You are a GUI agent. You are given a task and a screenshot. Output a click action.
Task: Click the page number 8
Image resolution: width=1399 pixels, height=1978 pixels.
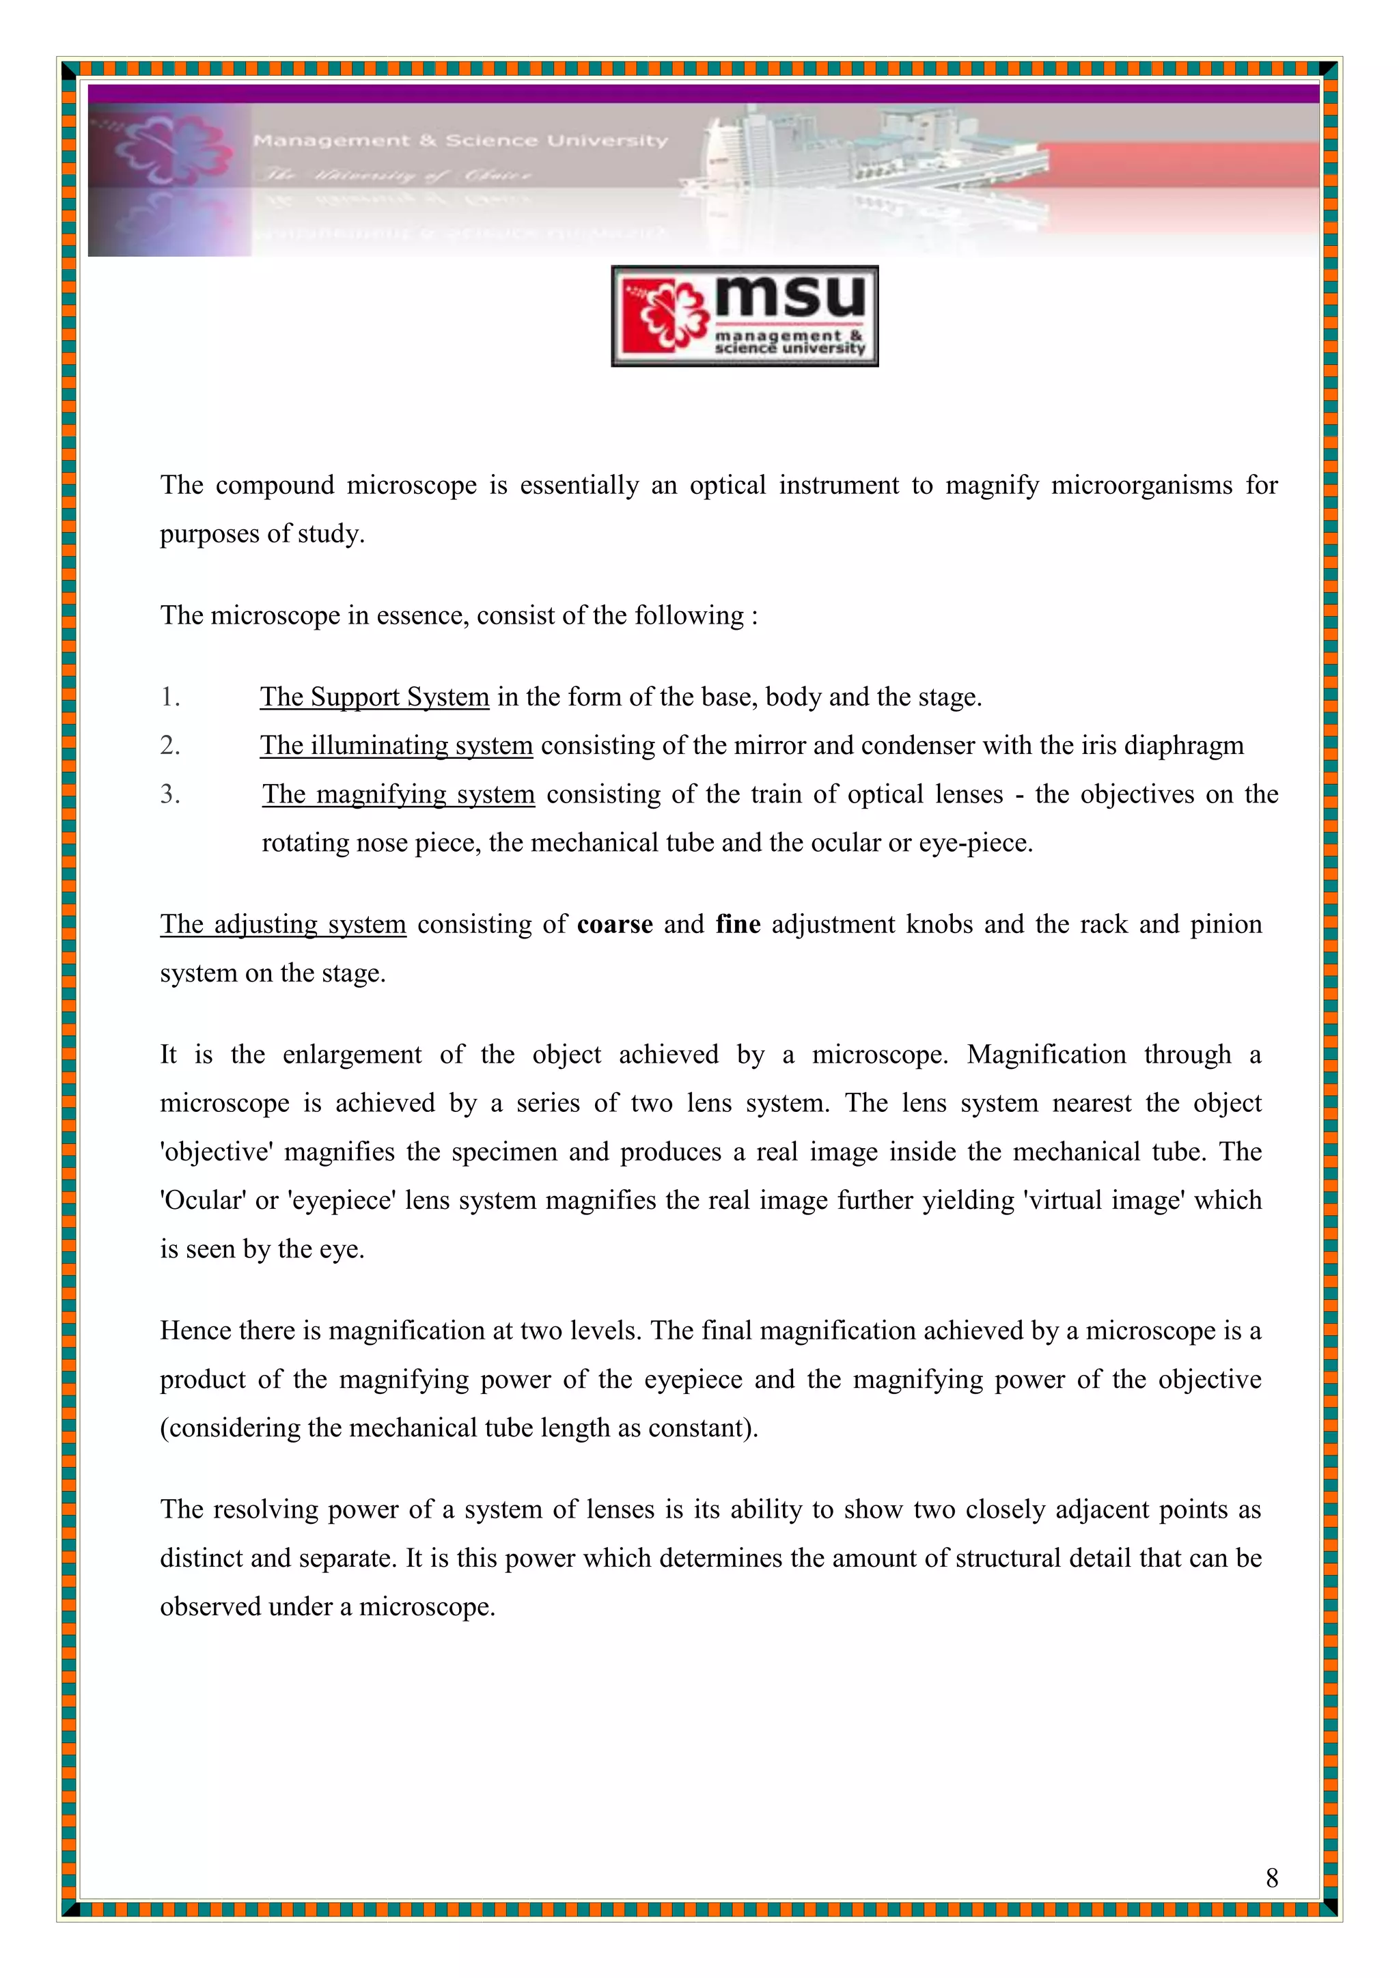(x=1271, y=1878)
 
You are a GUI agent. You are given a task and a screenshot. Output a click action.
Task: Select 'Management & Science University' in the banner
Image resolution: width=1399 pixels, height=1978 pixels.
(x=460, y=141)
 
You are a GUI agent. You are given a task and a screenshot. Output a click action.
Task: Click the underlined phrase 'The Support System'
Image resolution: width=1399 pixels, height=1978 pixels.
(x=375, y=697)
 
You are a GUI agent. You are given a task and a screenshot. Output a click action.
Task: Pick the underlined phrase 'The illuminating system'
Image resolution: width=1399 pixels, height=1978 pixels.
(x=396, y=745)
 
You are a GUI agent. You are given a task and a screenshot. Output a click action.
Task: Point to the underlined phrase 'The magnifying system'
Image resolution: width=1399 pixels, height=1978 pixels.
(x=399, y=794)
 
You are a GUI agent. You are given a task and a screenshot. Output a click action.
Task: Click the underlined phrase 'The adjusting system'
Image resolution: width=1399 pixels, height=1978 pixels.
(x=283, y=924)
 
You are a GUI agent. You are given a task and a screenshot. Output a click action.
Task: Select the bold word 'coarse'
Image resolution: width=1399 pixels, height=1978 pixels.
(x=614, y=924)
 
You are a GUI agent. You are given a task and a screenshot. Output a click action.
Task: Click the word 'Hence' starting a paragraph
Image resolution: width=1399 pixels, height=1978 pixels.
(x=195, y=1331)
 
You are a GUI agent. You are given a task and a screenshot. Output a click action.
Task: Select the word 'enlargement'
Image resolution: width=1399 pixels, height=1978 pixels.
(x=352, y=1055)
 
